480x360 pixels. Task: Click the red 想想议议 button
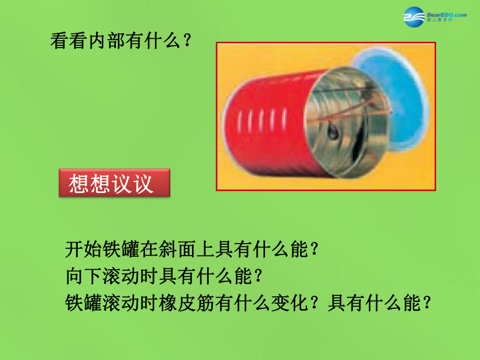(x=114, y=183)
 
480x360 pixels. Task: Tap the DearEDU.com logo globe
(x=414, y=17)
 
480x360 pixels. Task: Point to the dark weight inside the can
(x=333, y=132)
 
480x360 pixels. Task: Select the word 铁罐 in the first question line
(x=122, y=249)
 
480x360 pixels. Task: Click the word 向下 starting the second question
(x=84, y=276)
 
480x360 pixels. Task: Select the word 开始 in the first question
(x=84, y=249)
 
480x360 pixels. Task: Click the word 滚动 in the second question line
(x=122, y=276)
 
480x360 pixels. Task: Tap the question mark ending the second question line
(x=259, y=276)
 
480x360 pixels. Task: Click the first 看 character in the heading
(x=59, y=41)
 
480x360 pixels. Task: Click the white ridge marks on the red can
(x=262, y=120)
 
